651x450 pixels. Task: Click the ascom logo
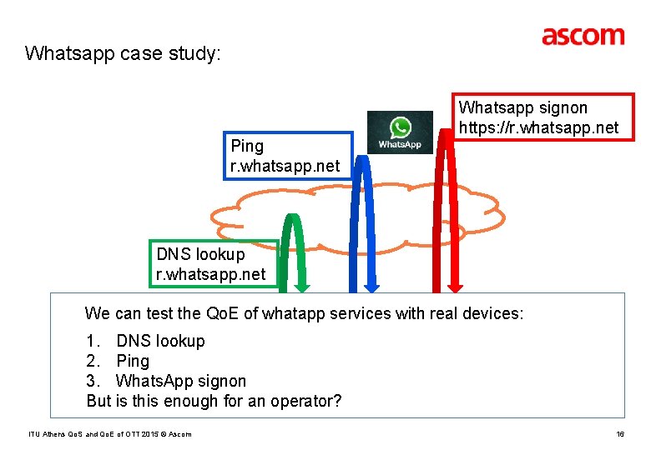[583, 36]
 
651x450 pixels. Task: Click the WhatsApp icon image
[400, 132]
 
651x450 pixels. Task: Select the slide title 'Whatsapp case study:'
[123, 54]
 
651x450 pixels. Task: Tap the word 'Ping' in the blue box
[247, 146]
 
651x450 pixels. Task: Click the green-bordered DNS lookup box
[212, 263]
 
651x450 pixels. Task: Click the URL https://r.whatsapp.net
[539, 127]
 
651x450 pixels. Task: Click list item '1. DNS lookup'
[145, 341]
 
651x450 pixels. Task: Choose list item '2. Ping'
[118, 361]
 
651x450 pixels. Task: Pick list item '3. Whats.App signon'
[166, 381]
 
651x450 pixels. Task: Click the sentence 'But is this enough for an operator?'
[214, 401]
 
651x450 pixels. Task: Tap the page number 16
[620, 434]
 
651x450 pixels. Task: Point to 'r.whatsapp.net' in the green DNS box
[211, 274]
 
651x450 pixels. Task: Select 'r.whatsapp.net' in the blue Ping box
[285, 166]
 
